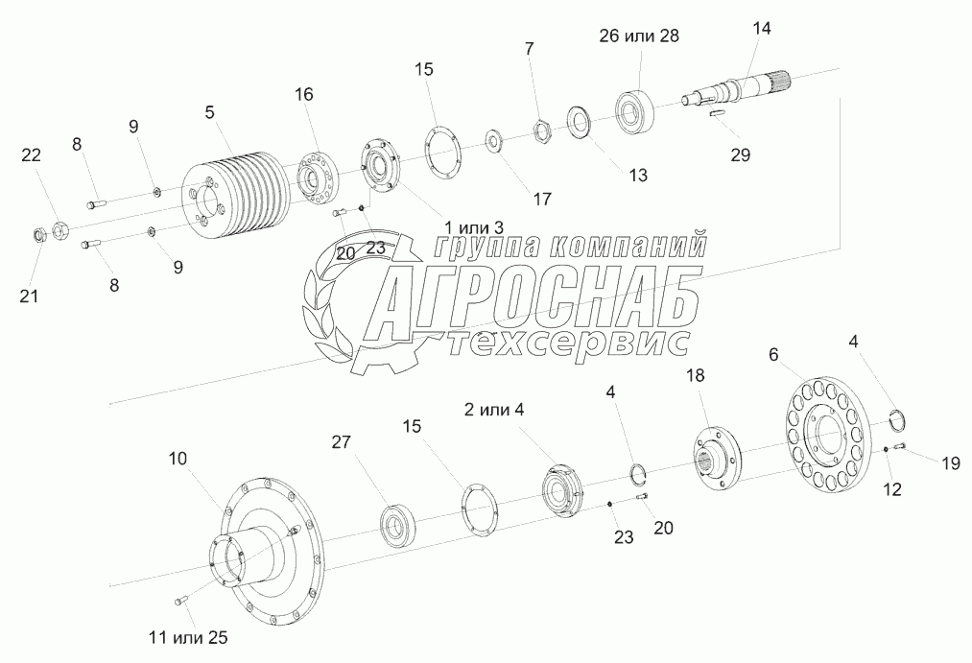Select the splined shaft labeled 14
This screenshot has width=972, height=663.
coord(738,89)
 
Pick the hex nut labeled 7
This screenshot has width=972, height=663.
coord(542,130)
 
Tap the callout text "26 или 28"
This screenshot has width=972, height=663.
coord(638,36)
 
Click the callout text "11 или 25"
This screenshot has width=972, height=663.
coord(188,637)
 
